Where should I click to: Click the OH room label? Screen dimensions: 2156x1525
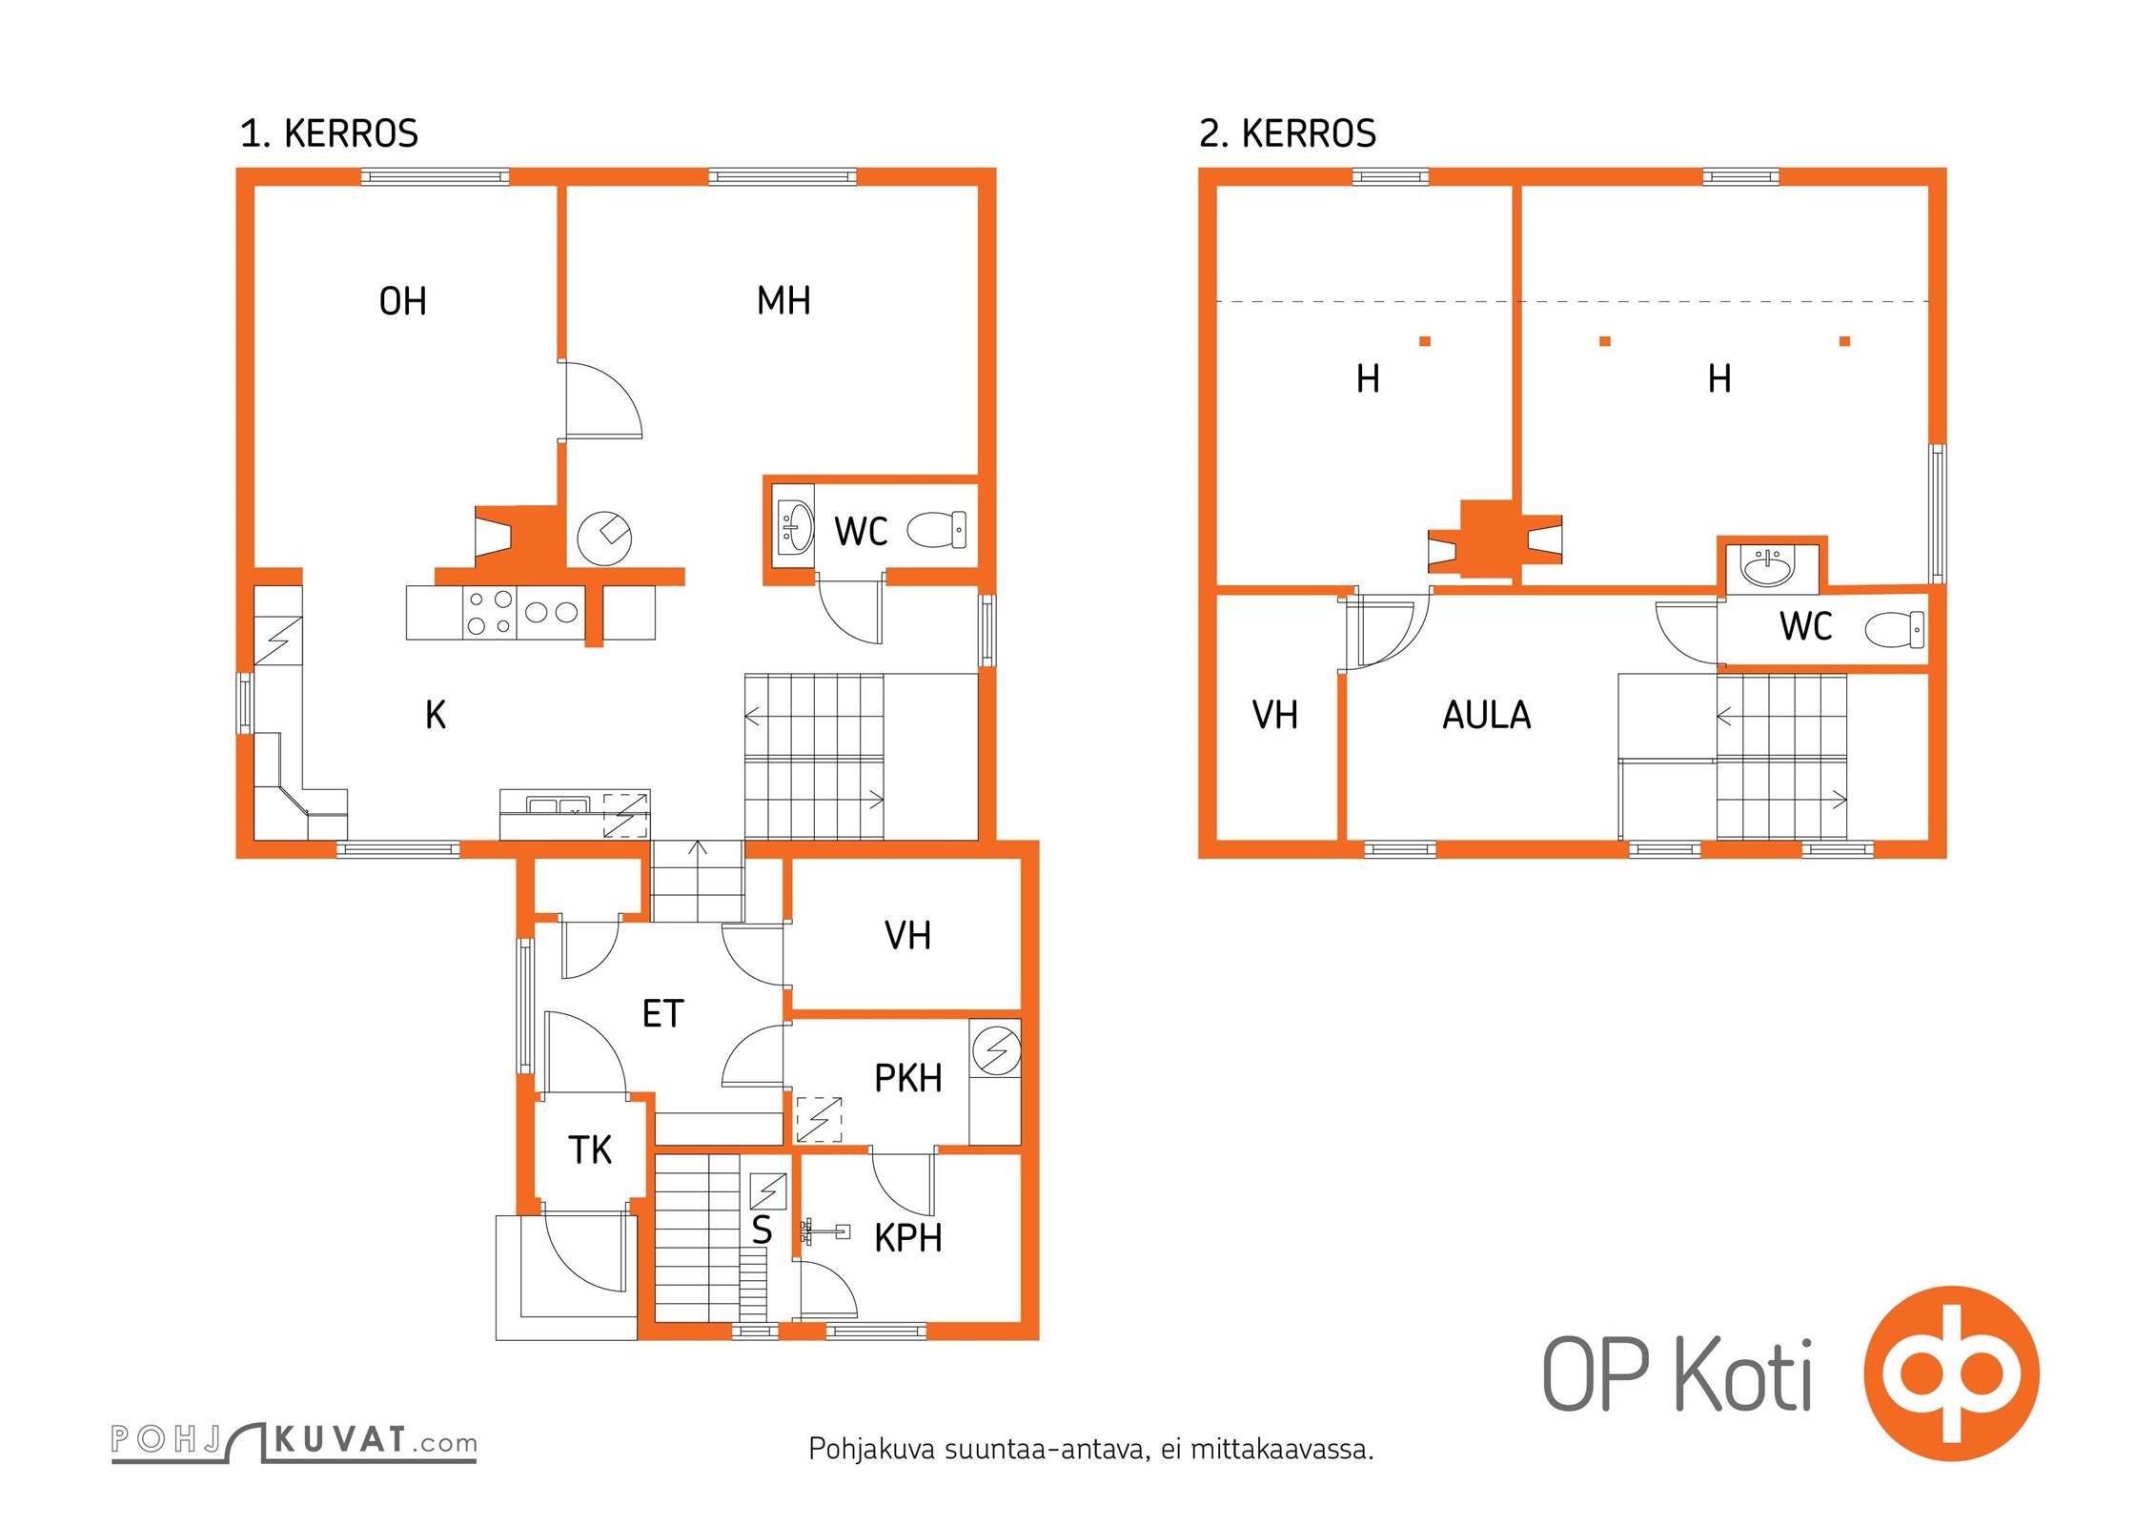pos(402,301)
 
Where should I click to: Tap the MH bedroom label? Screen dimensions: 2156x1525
pos(783,300)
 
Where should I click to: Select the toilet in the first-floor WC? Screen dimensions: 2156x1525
pos(937,530)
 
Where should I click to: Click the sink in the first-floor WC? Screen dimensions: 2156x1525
pos(794,526)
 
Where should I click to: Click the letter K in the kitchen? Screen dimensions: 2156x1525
pos(436,714)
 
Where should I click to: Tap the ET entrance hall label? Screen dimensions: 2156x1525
pos(663,1013)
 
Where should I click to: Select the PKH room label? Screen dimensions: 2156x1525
pos(908,1078)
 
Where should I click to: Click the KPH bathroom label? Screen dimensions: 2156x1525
pos(908,1237)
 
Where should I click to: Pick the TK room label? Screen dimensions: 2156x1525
pos(590,1149)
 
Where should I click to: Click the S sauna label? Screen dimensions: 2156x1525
pos(762,1230)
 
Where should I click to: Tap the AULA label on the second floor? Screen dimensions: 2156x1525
pos(1487,715)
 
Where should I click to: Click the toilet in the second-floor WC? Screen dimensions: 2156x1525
pos(1894,629)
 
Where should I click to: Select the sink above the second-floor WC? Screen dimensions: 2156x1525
pos(1768,566)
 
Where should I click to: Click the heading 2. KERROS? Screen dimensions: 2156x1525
pos(1288,133)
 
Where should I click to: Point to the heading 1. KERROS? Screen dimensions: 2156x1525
pos(329,133)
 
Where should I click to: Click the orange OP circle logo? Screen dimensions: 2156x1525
pos(1952,1373)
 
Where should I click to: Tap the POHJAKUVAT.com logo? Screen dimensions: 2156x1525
pos(294,1441)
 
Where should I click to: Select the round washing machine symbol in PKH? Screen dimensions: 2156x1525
pos(997,1051)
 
